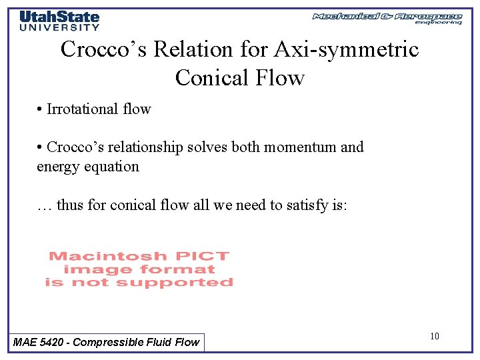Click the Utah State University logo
point(59,20)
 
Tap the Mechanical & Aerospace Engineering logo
point(387,18)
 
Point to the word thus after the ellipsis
point(69,205)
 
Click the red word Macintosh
point(107,256)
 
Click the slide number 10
point(435,336)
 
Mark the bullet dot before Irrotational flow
point(40,109)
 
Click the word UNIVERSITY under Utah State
point(59,27)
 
